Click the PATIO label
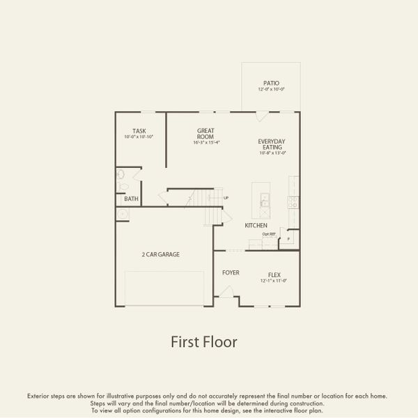tap(271, 83)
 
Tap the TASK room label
tap(139, 131)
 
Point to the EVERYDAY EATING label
tap(272, 144)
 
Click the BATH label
tap(131, 199)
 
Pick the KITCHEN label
tap(256, 226)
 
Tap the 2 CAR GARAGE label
tap(160, 255)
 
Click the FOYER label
tap(231, 272)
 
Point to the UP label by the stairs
tap(226, 199)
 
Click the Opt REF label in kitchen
tap(269, 234)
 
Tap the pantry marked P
tap(287, 239)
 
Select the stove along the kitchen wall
tap(294, 203)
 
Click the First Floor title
tap(204, 342)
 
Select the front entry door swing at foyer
tap(226, 291)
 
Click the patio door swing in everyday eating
tap(261, 116)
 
